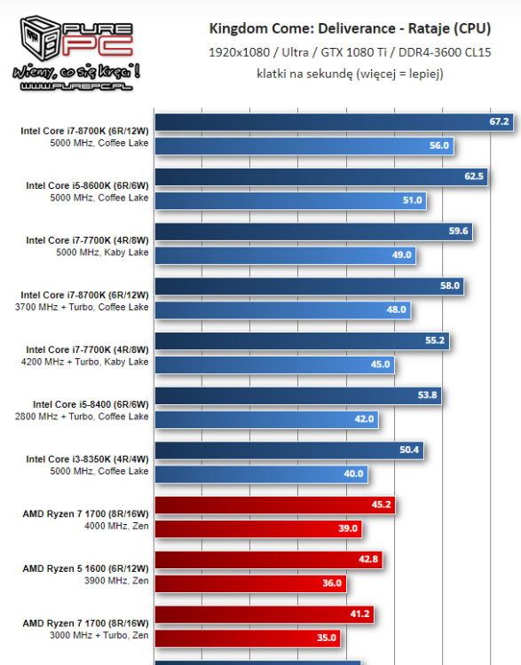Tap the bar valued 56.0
304,145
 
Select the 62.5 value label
474,176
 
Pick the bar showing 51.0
290,200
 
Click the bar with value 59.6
315,231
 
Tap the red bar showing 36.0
250,583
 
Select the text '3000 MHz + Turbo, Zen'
99,635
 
